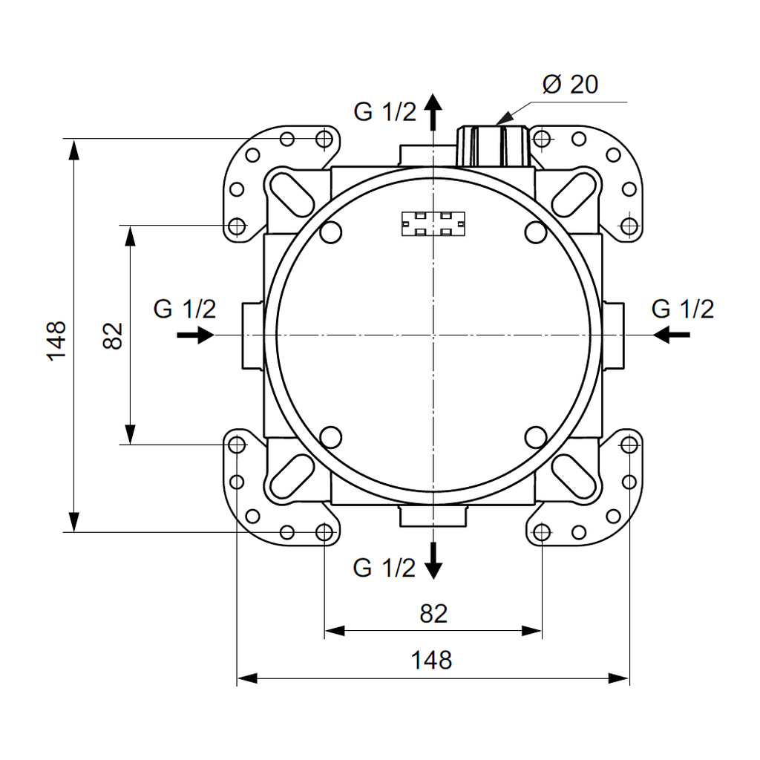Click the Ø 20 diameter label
coord(571,85)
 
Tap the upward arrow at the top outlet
coord(433,111)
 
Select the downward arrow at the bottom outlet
coord(433,560)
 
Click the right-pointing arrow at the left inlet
coord(195,335)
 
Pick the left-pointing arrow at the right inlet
coord(671,335)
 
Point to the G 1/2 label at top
coord(385,112)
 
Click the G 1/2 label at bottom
coord(384,568)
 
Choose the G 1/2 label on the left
coord(185,309)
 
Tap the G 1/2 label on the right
coord(683,309)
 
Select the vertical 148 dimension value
coord(56,340)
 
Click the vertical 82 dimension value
coord(113,335)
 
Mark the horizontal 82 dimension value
coord(433,614)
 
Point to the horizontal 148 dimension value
coord(431,660)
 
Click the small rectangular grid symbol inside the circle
coord(433,224)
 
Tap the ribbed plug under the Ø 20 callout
coord(493,146)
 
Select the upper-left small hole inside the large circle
coord(331,232)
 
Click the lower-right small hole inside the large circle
coord(536,436)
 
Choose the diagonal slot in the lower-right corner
coord(574,476)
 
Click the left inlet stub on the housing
coord(253,335)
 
